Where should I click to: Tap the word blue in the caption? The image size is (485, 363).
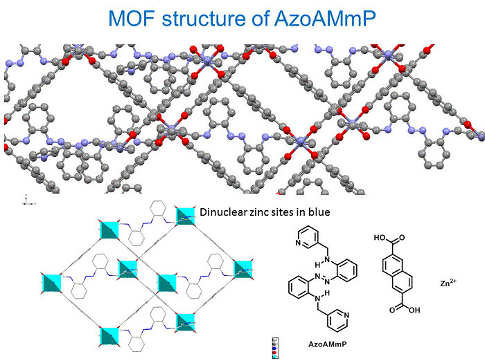pos(328,213)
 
